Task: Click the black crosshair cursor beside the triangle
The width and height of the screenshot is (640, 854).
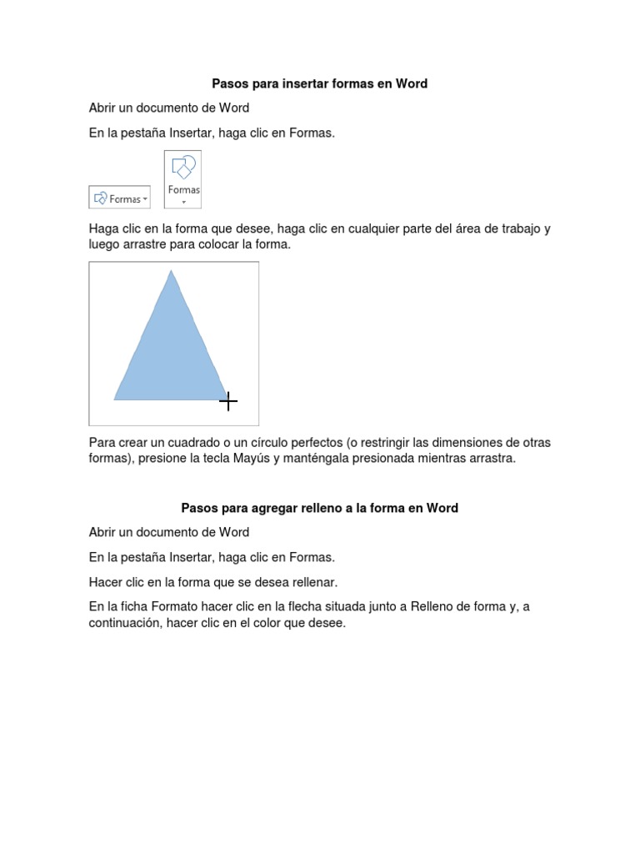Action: [228, 402]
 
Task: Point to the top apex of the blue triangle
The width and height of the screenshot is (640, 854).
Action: [171, 272]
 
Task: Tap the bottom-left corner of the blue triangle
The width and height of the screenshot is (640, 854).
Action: [116, 399]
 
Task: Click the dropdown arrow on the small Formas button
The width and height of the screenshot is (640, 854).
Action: [145, 199]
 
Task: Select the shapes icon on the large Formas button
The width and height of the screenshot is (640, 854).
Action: [182, 168]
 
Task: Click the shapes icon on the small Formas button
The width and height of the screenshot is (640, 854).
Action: [101, 198]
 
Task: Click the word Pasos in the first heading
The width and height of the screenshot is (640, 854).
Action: [229, 83]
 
